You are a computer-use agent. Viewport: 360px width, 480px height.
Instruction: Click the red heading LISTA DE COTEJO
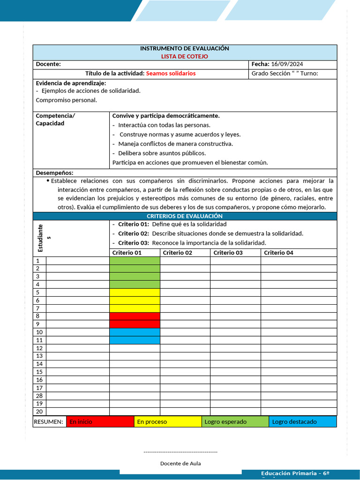[185, 56]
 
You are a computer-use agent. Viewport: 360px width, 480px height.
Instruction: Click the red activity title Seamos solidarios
[171, 74]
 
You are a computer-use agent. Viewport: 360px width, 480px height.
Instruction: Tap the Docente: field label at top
[48, 64]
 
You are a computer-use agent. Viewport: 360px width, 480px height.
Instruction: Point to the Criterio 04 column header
[278, 253]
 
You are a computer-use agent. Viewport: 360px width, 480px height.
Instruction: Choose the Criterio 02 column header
[178, 253]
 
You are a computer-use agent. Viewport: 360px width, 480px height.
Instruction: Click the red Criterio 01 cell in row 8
[135, 316]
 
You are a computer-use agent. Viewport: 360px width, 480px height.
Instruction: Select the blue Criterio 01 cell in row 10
[135, 332]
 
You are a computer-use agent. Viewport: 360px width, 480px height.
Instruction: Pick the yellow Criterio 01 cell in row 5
[135, 292]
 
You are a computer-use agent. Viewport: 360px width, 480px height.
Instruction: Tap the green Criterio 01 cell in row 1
[135, 261]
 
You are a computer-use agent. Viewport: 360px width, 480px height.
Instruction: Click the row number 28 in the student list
[39, 396]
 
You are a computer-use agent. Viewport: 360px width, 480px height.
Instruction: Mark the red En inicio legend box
[100, 421]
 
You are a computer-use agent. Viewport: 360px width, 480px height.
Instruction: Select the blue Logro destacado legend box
[302, 421]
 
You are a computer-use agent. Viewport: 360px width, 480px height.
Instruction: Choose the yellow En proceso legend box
[167, 421]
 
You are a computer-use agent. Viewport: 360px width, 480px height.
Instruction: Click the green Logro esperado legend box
[235, 421]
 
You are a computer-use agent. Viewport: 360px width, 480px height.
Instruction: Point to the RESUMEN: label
[48, 421]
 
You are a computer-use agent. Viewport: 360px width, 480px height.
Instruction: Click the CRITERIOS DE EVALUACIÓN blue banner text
[185, 216]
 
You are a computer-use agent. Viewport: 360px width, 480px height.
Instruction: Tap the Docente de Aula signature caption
[180, 463]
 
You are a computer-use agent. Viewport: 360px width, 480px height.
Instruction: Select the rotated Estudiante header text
[42, 238]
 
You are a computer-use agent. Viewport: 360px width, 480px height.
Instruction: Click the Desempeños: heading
[54, 173]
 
